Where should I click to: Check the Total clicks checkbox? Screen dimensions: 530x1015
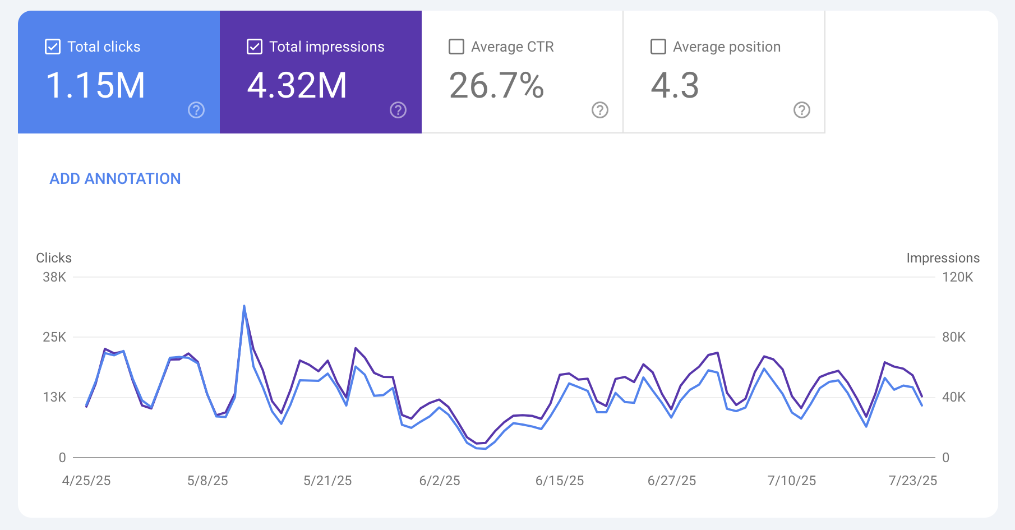coord(53,47)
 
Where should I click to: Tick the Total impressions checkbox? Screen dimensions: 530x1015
coord(255,47)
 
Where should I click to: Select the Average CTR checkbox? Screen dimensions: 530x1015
coord(456,47)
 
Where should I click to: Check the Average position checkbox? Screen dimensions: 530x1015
coord(658,47)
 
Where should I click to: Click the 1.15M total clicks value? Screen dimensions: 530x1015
coord(95,86)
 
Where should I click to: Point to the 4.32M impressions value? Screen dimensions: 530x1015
coord(297,86)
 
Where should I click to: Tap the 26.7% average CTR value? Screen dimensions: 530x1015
coord(496,86)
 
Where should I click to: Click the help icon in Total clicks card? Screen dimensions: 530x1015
coord(196,110)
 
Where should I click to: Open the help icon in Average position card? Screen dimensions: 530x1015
coord(802,110)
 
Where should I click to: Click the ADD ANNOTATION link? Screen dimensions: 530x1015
coord(115,179)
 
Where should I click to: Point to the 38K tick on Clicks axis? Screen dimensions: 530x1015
coord(54,277)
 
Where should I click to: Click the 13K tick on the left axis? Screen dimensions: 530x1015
coord(54,397)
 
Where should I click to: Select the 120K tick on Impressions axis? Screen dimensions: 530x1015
coord(958,277)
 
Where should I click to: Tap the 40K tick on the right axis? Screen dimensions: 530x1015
coord(954,397)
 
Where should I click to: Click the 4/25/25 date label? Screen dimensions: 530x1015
coord(86,481)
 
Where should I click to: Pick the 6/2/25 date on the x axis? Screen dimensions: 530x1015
coord(440,481)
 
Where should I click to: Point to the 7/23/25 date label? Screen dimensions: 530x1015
coord(913,481)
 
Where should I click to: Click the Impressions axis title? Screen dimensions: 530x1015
coord(943,258)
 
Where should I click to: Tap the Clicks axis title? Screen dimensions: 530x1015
coord(54,258)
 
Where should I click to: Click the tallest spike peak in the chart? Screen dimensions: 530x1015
coord(244,306)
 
